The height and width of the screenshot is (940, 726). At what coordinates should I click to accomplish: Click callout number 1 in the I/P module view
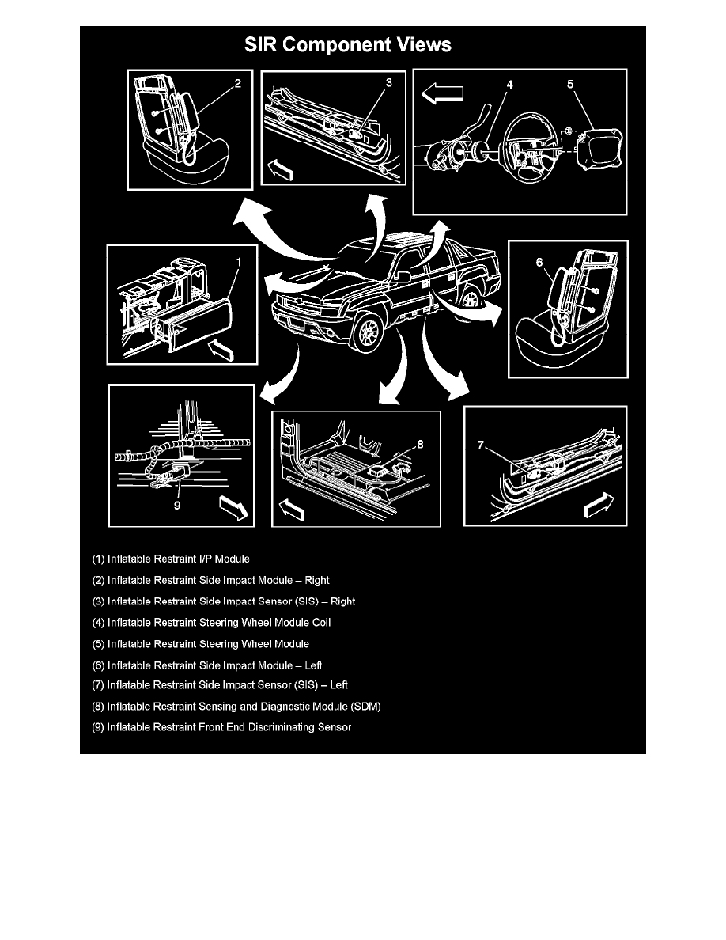point(239,259)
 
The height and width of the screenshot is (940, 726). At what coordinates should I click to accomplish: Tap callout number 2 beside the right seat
point(237,81)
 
